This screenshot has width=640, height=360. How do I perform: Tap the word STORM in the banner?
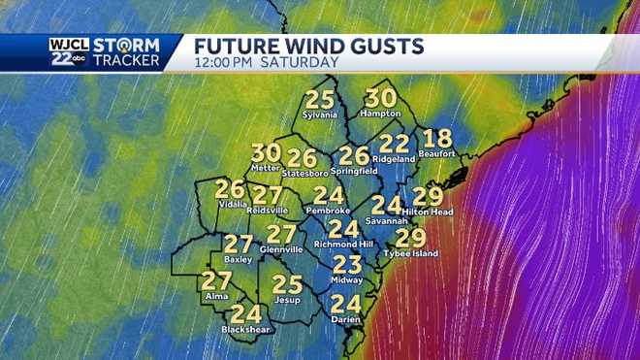click(133, 43)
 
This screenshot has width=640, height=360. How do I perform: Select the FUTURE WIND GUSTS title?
click(309, 46)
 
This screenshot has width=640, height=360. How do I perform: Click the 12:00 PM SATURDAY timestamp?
click(266, 62)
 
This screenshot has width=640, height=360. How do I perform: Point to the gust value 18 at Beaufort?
click(438, 139)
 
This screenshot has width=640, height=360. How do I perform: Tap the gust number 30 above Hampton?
click(381, 98)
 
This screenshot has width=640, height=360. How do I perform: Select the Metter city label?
click(264, 167)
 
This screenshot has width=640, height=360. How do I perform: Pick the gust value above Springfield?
click(354, 155)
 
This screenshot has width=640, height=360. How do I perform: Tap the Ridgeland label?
click(394, 158)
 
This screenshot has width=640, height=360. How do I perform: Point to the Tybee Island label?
click(411, 254)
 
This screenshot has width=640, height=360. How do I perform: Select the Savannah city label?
click(385, 220)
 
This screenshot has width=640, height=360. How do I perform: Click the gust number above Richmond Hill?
click(343, 229)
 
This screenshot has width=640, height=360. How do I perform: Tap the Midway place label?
click(346, 279)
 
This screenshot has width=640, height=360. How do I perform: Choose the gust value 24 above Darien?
click(346, 304)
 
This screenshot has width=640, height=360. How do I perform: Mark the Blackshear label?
click(243, 329)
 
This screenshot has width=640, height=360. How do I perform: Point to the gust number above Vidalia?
click(230, 190)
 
